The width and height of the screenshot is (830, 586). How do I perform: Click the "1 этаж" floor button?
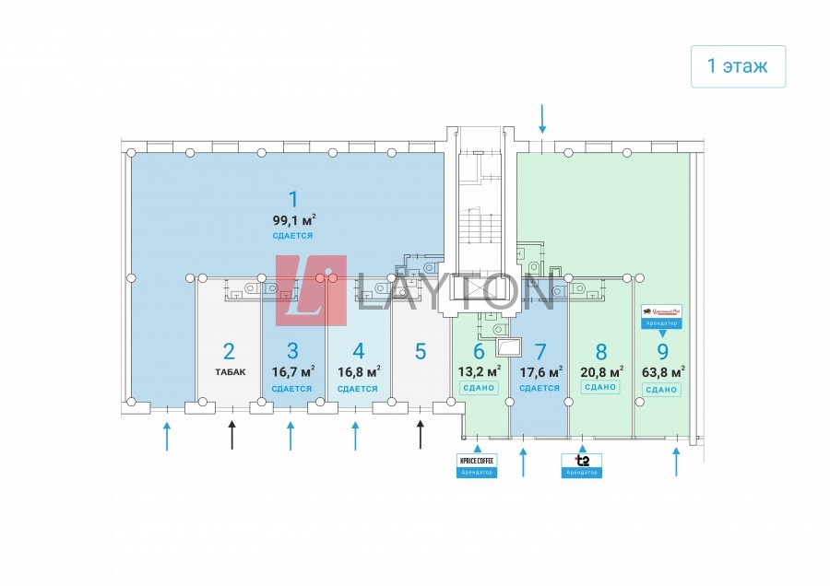pyautogui.click(x=738, y=66)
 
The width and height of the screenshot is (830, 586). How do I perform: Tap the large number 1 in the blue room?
pyautogui.click(x=293, y=199)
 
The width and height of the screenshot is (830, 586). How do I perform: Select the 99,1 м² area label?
pyautogui.click(x=293, y=220)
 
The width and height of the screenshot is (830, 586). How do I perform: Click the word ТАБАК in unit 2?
pyautogui.click(x=229, y=372)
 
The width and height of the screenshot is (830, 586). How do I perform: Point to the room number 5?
pyautogui.click(x=421, y=351)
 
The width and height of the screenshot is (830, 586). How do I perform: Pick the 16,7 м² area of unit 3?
pyautogui.click(x=293, y=372)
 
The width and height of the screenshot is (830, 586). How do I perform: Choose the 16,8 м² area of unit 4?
pyautogui.click(x=359, y=372)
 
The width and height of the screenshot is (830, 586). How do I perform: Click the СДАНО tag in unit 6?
pyautogui.click(x=479, y=388)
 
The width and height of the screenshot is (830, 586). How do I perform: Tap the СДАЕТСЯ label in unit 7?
pyautogui.click(x=540, y=388)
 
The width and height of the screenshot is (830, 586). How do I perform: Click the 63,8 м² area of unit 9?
pyautogui.click(x=662, y=372)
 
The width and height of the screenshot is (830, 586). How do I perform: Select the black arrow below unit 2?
pyautogui.click(x=232, y=435)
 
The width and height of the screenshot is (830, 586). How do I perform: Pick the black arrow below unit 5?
pyautogui.click(x=421, y=435)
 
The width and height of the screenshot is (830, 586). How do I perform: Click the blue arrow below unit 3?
pyautogui.click(x=290, y=435)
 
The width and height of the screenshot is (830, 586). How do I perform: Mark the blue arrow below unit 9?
pyautogui.click(x=676, y=461)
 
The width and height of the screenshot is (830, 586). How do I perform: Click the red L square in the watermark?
pyautogui.click(x=311, y=291)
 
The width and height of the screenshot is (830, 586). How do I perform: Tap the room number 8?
pyautogui.click(x=601, y=351)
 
